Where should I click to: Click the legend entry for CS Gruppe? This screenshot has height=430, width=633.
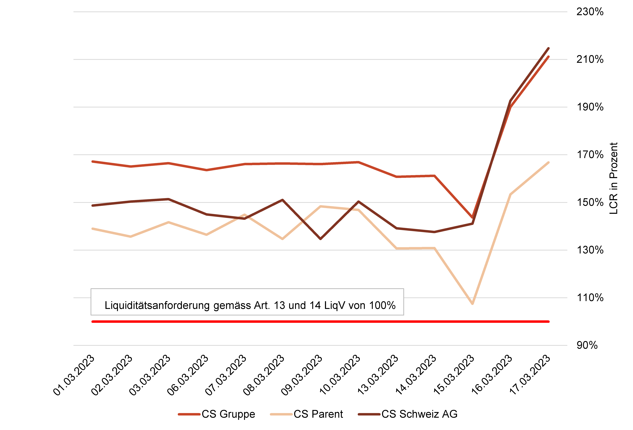pyautogui.click(x=217, y=414)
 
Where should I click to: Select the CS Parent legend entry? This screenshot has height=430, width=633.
pyautogui.click(x=306, y=414)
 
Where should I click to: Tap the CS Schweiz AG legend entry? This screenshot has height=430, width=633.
pyautogui.click(x=407, y=414)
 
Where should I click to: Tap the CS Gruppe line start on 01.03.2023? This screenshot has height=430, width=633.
pyautogui.click(x=93, y=162)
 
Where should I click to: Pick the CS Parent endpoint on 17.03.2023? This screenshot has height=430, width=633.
pyautogui.click(x=548, y=163)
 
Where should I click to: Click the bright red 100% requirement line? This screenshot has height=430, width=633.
pyautogui.click(x=321, y=322)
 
